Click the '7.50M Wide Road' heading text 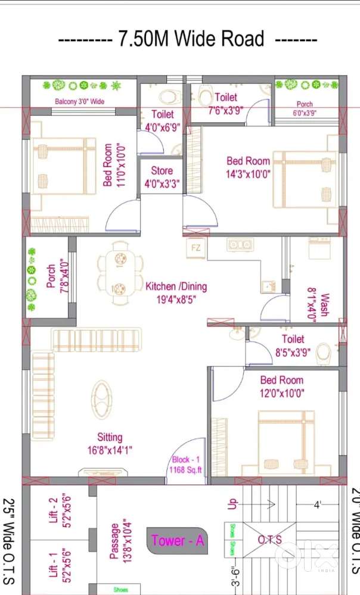pos(191,39)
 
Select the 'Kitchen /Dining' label pos(176,292)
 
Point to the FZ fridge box pos(195,247)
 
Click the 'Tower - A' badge pos(178,541)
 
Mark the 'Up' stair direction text pos(233,503)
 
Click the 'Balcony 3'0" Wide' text pos(79,102)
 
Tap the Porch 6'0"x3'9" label pos(305,108)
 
